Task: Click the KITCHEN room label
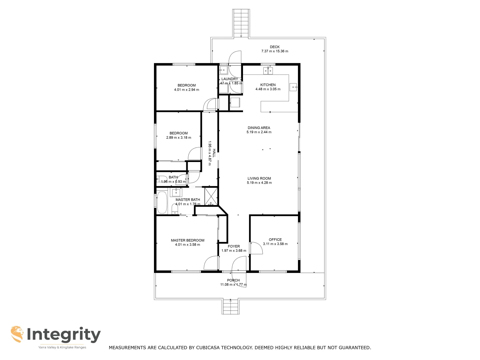(268, 85)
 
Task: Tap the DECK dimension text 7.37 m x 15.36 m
(275, 51)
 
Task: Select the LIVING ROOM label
(259, 178)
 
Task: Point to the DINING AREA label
(259, 128)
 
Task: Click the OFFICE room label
(275, 239)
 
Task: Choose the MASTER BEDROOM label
(187, 240)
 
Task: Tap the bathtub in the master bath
(162, 202)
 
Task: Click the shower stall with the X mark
(211, 196)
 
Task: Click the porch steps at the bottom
(231, 307)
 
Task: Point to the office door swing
(255, 248)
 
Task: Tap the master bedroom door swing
(211, 263)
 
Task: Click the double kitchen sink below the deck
(268, 70)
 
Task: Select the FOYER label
(234, 246)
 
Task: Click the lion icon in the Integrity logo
(17, 334)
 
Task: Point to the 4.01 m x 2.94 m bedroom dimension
(186, 90)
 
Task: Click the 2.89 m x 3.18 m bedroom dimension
(179, 138)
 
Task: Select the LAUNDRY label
(230, 79)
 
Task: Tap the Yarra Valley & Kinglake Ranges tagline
(62, 347)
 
